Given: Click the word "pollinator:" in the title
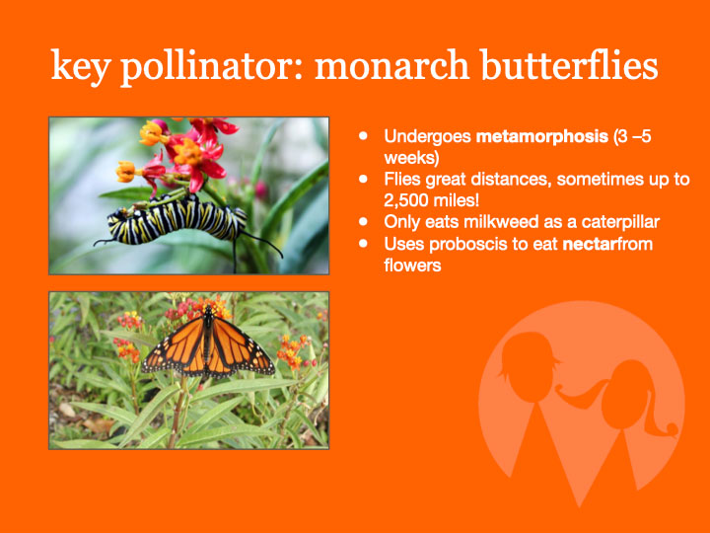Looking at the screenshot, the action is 212,66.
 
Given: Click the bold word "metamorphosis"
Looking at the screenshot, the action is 542,136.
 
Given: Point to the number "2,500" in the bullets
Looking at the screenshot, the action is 404,200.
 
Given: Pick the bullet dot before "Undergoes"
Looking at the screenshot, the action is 363,135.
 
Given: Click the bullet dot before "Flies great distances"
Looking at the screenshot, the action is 363,179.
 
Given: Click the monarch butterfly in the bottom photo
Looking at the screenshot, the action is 208,344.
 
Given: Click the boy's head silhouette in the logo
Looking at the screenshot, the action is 529,366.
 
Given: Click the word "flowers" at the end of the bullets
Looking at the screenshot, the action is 412,266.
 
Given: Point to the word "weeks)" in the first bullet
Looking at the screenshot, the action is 411,158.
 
